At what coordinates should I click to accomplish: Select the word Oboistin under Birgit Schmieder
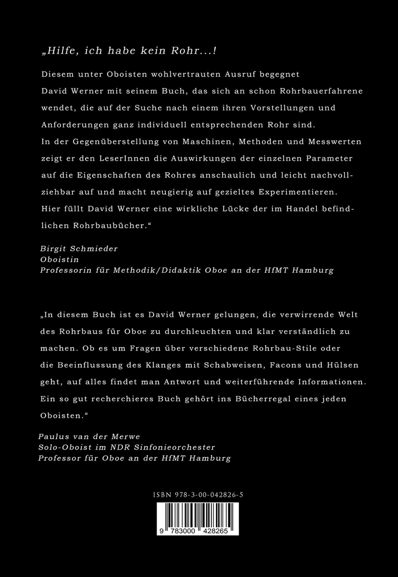(59, 259)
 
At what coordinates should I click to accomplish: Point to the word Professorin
(67, 270)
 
